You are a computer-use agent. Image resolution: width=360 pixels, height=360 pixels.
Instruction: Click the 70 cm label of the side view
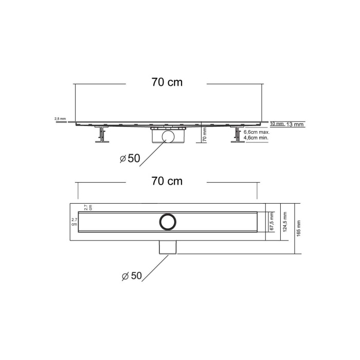point(167,82)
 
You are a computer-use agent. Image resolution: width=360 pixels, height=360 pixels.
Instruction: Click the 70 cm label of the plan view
point(167,181)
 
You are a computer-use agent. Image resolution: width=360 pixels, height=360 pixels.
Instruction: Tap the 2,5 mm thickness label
point(60,119)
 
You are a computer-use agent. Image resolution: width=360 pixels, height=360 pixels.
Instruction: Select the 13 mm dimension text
point(295,124)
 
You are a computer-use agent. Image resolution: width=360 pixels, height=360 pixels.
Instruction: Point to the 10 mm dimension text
point(277,124)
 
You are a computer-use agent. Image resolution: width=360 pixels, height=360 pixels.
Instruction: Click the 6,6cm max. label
point(257,132)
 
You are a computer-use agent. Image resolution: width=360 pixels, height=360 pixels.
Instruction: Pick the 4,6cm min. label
point(256,138)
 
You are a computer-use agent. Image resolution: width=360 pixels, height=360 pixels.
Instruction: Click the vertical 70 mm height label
point(205,134)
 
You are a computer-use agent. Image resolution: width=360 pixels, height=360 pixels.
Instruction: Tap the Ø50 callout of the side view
point(130,158)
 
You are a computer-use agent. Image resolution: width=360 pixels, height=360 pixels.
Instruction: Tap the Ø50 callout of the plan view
point(132,276)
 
